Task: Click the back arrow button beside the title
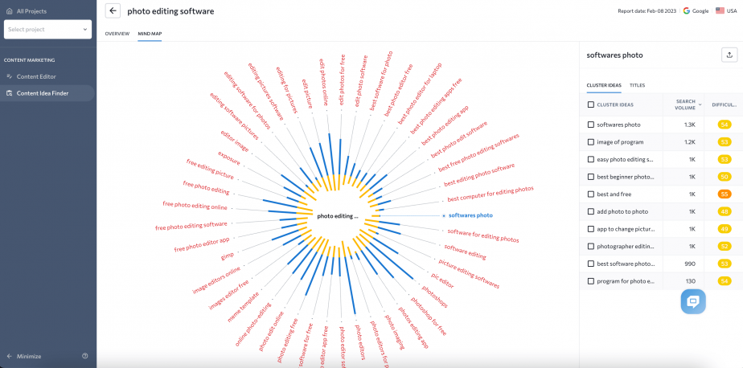pos(113,11)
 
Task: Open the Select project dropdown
pos(47,30)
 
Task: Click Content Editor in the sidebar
pos(36,76)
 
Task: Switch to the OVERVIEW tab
pos(117,34)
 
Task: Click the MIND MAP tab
pos(150,34)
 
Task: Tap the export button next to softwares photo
pos(729,55)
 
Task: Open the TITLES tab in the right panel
pos(637,85)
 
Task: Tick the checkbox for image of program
pos(591,142)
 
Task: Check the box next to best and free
pos(591,194)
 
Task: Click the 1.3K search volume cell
pos(689,125)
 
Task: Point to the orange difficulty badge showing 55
pos(725,194)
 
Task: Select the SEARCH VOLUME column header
pos(686,104)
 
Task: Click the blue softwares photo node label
pos(470,215)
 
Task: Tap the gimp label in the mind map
pos(228,256)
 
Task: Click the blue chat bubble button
pos(692,301)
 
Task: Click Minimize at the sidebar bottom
pos(28,356)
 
